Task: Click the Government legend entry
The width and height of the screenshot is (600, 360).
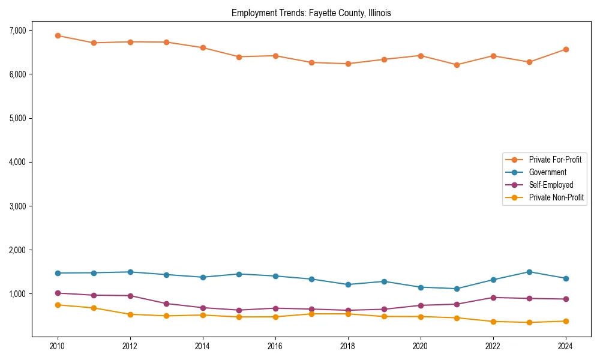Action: pos(547,172)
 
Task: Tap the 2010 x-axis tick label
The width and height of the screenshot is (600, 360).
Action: pos(58,346)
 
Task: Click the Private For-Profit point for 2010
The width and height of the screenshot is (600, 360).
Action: pos(58,35)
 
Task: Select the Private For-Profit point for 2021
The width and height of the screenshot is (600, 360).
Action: pos(457,65)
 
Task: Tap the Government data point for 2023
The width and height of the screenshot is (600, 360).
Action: pos(529,272)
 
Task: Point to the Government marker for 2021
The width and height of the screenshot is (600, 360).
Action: pos(457,289)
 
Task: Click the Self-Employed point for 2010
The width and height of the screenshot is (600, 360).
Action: pos(58,293)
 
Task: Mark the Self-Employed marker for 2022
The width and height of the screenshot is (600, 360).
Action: pos(493,298)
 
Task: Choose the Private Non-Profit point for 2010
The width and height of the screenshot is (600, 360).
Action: pos(58,305)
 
